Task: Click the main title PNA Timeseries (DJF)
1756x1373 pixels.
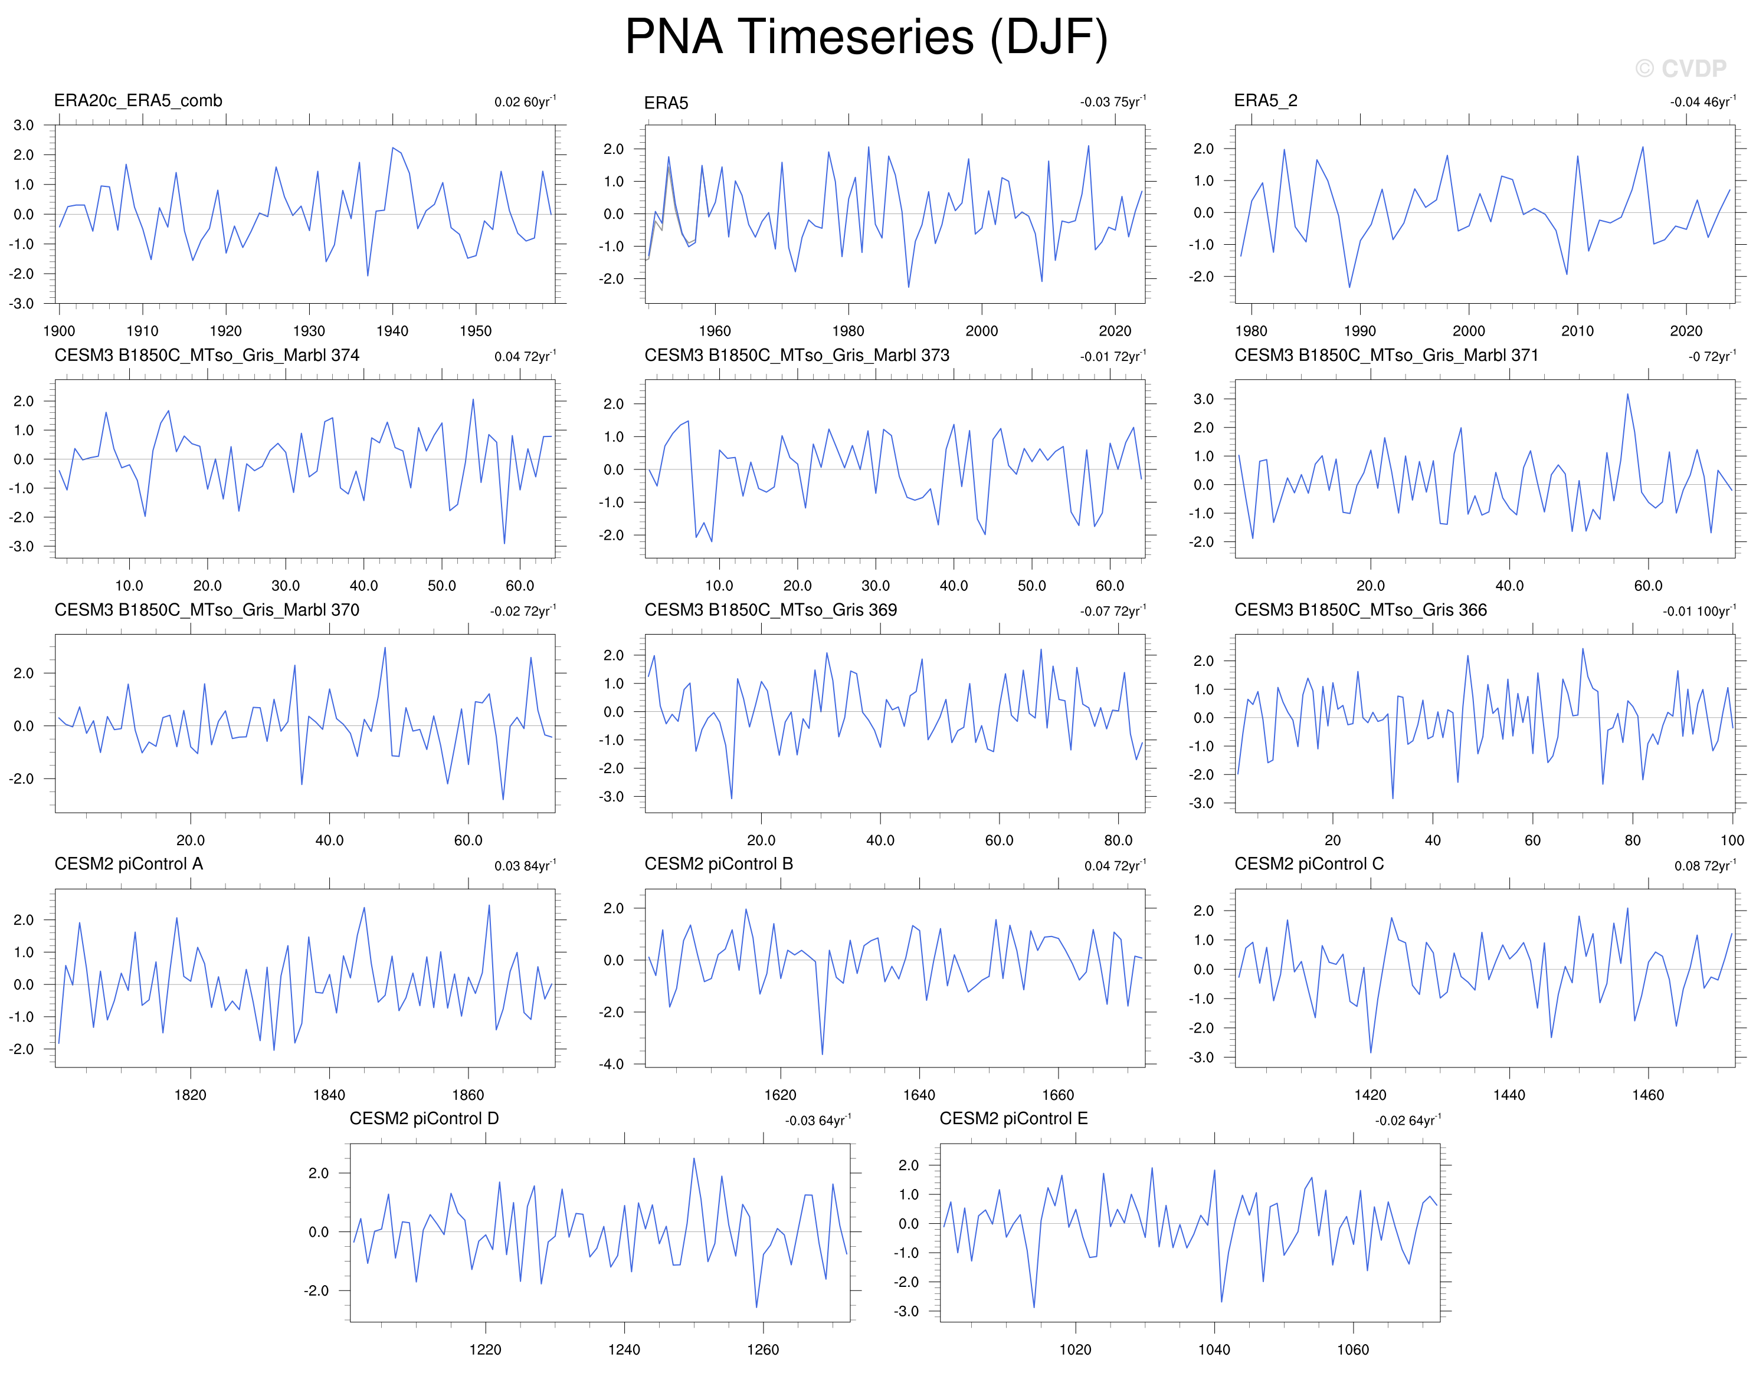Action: (866, 37)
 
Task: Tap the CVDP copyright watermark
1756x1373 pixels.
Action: (1680, 68)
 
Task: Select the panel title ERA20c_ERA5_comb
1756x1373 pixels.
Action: (137, 100)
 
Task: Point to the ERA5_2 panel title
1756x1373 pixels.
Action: (1266, 100)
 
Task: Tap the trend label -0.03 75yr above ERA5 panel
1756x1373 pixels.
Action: (1113, 101)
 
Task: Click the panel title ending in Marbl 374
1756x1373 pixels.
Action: (207, 355)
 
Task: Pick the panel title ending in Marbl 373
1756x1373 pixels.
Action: (797, 355)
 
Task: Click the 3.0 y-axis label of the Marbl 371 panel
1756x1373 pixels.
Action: (1203, 399)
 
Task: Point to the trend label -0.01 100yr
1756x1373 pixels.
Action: (1699, 611)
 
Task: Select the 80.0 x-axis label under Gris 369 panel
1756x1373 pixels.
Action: (1118, 840)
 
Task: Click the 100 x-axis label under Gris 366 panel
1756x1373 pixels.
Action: (1732, 840)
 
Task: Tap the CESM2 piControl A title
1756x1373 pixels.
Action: (129, 864)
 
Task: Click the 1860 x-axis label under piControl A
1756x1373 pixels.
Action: (468, 1095)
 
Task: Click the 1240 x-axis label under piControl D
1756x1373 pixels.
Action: (624, 1349)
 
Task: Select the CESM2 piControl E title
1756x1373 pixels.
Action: (1013, 1119)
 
